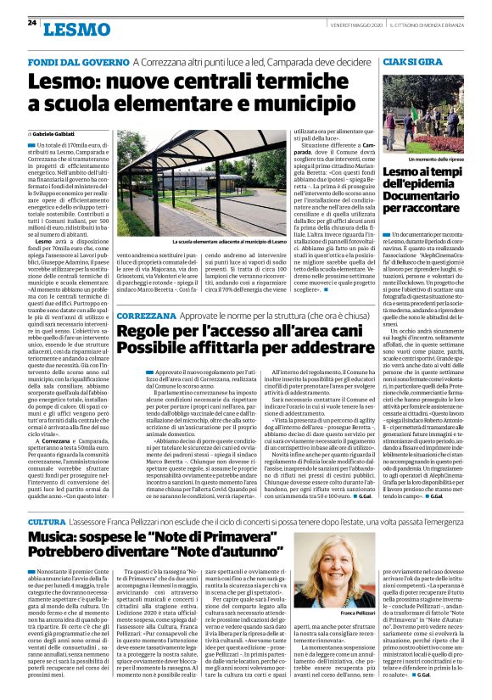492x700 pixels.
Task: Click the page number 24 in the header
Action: coord(31,23)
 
